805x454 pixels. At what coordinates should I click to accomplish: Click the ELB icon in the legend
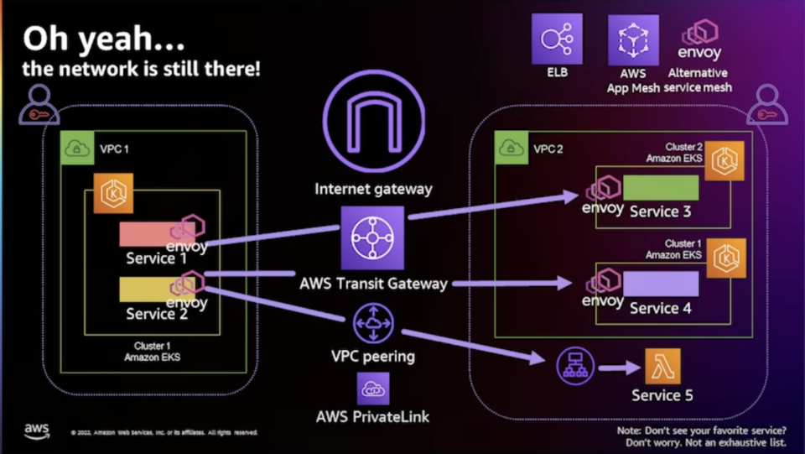[557, 39]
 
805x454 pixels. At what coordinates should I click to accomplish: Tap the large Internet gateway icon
[373, 129]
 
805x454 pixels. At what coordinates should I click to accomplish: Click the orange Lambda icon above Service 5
[662, 366]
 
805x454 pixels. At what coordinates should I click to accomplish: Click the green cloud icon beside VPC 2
[511, 148]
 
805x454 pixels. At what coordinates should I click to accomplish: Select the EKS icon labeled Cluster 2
[724, 160]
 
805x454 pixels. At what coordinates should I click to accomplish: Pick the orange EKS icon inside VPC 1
[112, 194]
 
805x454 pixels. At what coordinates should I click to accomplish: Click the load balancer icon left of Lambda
[575, 364]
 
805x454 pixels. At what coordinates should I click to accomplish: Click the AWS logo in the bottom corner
[36, 431]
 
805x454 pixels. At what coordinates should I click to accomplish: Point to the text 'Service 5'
[662, 395]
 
